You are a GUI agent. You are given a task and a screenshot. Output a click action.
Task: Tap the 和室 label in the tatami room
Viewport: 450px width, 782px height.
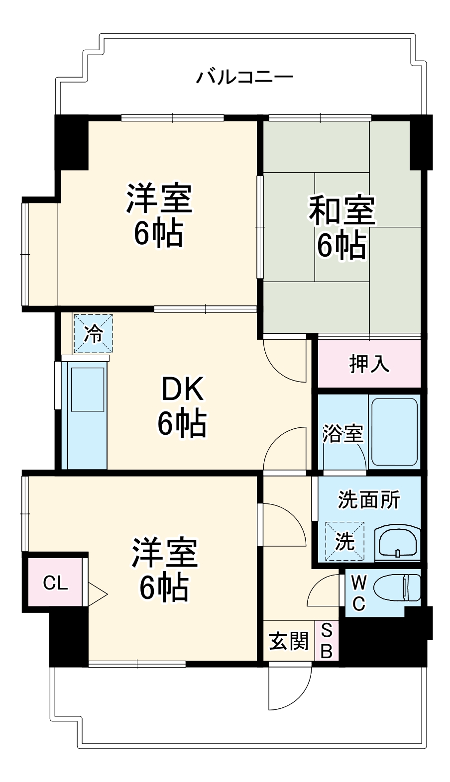(x=342, y=210)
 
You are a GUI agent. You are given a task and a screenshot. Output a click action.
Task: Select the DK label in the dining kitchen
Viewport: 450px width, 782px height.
(x=182, y=390)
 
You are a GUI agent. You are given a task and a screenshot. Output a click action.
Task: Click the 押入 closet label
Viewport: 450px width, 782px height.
(x=369, y=364)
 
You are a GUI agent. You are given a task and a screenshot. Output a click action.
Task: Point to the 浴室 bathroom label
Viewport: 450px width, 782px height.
(x=342, y=434)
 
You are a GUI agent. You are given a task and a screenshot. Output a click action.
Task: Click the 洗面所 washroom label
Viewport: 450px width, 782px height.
(x=369, y=499)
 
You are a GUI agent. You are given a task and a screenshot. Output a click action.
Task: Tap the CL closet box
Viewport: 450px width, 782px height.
(x=55, y=583)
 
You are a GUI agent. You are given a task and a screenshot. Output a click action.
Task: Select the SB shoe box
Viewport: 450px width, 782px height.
(x=327, y=641)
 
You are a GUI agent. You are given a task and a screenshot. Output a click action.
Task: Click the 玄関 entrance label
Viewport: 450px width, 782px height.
(x=289, y=641)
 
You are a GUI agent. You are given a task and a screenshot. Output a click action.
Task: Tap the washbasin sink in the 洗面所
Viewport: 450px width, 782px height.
(x=398, y=543)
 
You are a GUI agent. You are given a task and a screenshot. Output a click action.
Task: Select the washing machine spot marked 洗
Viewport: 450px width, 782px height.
(x=344, y=541)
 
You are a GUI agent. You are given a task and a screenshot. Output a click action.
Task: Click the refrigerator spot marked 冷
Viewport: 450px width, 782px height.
(x=93, y=334)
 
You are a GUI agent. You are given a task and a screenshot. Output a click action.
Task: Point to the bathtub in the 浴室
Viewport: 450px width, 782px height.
(x=393, y=431)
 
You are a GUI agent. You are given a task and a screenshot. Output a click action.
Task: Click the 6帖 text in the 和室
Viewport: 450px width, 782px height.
(x=342, y=245)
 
